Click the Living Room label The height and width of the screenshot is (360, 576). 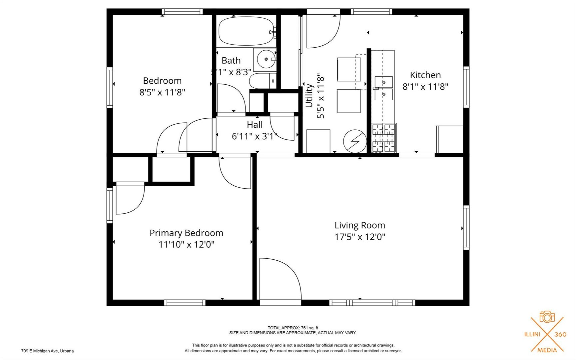coord(360,225)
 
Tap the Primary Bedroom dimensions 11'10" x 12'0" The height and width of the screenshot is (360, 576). coord(186,244)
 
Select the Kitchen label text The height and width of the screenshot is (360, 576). coord(425,75)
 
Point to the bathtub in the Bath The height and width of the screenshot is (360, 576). coord(247,31)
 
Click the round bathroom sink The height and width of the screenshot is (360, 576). coord(266,59)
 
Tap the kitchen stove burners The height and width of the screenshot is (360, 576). coord(384,138)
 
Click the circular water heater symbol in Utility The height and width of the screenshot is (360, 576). coord(355,141)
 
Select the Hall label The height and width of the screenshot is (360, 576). coord(255,125)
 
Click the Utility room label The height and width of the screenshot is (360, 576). coord(309,96)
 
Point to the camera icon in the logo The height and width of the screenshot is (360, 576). coord(547,317)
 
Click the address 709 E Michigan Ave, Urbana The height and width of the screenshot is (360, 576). coord(47,351)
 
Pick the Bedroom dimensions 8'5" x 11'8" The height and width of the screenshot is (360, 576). coord(162,92)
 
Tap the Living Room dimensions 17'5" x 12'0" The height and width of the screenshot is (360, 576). coord(360,237)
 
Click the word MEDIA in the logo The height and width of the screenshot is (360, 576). coord(547,350)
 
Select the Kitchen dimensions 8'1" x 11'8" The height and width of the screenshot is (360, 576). coord(425,87)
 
